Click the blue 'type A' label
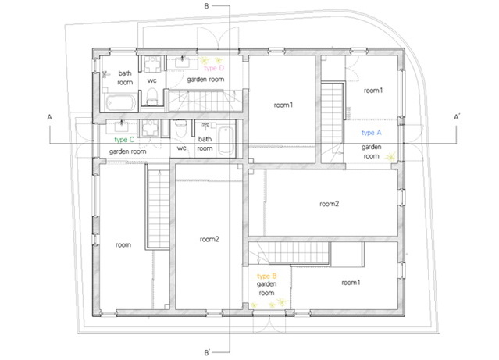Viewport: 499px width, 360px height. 371,133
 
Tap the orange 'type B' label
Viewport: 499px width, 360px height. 267,276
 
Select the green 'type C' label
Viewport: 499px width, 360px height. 124,140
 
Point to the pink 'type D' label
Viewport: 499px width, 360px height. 214,68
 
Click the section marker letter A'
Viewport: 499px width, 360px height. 457,117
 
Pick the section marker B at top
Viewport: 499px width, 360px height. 206,6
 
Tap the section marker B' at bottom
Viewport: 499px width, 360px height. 207,352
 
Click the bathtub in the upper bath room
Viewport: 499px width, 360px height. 121,103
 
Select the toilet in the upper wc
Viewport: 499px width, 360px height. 152,96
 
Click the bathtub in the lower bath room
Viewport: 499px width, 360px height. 226,141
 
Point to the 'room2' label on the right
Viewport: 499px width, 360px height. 329,204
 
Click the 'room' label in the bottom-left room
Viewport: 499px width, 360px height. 123,244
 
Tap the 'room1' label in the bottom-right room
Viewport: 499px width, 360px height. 351,283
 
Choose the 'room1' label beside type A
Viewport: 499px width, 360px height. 373,91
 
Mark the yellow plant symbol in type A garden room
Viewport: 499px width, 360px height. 390,157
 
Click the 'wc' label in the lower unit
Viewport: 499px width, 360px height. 181,148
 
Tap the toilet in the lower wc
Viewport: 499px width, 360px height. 180,128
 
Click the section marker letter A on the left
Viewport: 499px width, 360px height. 49,117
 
